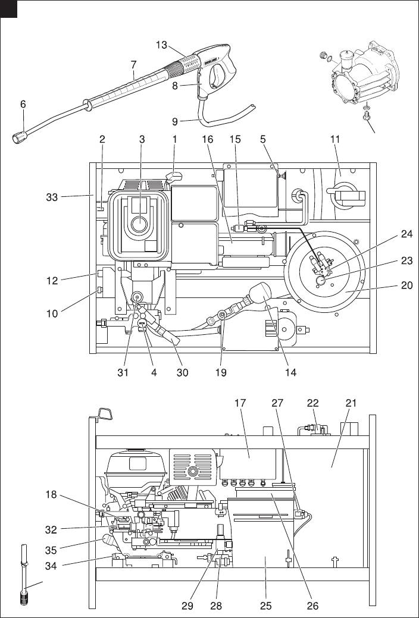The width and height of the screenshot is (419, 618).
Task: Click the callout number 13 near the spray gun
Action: coord(161,45)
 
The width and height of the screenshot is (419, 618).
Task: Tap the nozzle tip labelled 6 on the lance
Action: coord(20,137)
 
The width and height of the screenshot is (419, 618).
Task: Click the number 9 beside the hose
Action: coord(175,121)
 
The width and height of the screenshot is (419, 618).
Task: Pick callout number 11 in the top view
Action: coord(335,139)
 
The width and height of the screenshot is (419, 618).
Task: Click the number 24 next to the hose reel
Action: coord(407,234)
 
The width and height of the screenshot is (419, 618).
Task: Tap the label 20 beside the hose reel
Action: coord(407,286)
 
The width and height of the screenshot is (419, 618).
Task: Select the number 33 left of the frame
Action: coord(52,197)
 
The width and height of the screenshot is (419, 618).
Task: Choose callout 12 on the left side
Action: coord(52,281)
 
